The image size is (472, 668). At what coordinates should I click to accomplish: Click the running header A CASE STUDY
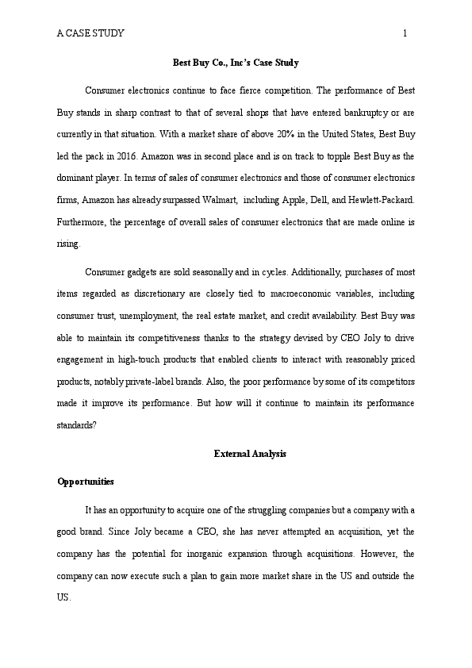pyautogui.click(x=90, y=33)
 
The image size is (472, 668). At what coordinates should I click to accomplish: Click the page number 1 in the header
pyautogui.click(x=405, y=33)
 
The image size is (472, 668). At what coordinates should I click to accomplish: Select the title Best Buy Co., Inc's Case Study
pyautogui.click(x=236, y=62)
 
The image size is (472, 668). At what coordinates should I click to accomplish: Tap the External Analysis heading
pyautogui.click(x=250, y=454)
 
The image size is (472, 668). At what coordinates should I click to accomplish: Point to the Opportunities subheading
pyautogui.click(x=86, y=482)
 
